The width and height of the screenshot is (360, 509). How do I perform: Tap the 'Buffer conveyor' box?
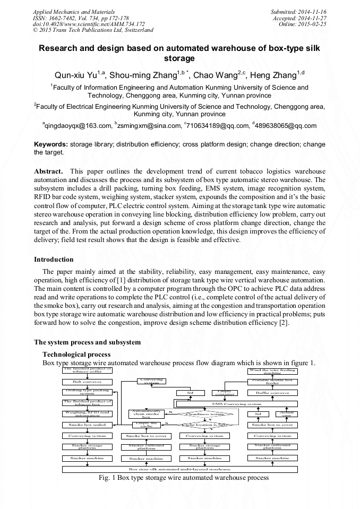tap(272, 393)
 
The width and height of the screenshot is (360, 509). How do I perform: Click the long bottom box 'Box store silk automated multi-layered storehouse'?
tap(180, 469)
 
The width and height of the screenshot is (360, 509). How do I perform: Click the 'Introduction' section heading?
tap(54, 260)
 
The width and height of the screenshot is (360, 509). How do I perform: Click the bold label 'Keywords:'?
tap(51, 144)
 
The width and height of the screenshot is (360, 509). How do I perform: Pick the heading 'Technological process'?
tap(76, 354)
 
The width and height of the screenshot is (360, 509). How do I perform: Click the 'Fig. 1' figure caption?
tap(184, 478)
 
